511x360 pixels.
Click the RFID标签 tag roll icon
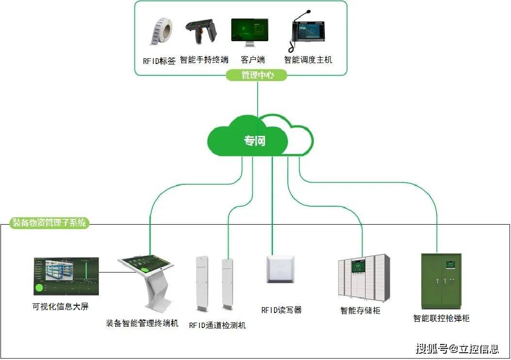160,33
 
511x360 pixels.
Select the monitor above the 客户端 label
249,33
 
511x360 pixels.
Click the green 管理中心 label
257,75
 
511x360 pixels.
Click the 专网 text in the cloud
255,141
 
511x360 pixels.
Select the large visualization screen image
66,277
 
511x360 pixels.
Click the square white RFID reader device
280,269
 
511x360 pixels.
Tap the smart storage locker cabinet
364,276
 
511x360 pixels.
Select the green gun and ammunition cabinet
441,281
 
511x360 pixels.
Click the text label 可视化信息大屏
60,307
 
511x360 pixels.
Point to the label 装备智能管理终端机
142,323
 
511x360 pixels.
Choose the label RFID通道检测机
217,325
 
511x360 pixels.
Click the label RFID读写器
281,310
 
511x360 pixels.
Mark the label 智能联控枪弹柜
441,318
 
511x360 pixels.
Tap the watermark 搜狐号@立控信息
457,348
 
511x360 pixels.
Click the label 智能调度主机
308,60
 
